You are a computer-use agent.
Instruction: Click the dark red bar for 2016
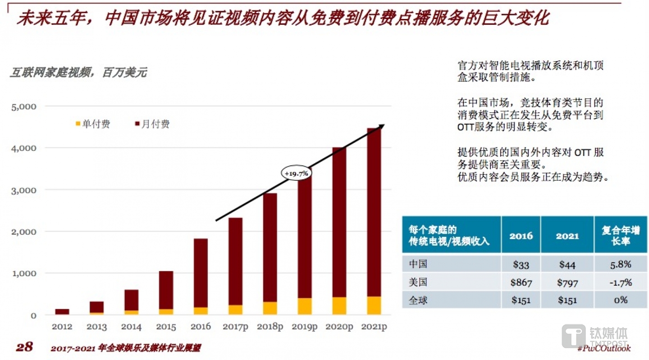201,273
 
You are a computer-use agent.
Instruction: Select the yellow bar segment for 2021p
374,305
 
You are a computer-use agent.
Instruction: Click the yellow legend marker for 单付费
78,124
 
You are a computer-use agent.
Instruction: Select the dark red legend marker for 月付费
137,124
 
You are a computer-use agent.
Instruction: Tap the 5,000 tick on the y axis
23,107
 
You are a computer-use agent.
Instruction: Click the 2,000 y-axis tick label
23,232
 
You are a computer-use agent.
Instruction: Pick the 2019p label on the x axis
304,327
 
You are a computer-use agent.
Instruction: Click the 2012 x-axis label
62,327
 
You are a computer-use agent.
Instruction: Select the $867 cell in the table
521,283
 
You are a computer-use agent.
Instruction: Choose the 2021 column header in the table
567,235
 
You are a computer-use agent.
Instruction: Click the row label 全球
417,300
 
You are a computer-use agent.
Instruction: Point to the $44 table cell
567,264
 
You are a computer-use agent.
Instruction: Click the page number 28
24,347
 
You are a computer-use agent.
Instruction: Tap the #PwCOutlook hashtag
603,348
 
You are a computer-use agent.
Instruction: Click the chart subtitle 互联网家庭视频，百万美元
78,73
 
